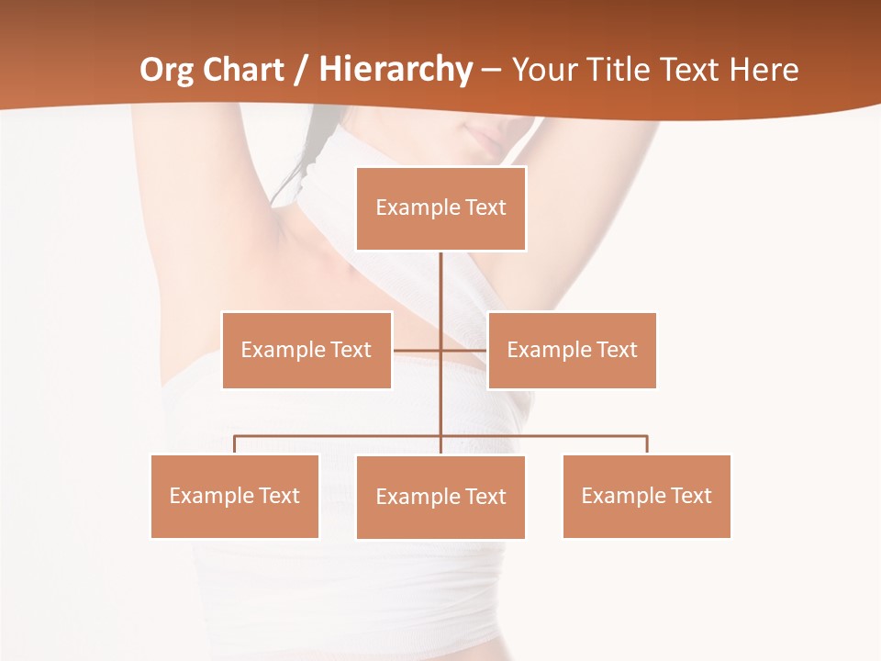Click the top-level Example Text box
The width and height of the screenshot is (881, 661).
[440, 208]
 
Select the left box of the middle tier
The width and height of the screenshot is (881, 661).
[307, 350]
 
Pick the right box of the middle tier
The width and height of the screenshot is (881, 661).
[572, 350]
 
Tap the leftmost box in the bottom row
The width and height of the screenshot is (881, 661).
[235, 496]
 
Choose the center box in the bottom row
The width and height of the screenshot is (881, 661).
[440, 497]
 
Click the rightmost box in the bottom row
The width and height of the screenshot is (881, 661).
[646, 496]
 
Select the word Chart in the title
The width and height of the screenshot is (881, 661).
[245, 70]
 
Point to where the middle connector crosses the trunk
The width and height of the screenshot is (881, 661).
[440, 350]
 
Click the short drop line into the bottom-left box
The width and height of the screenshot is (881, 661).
[235, 445]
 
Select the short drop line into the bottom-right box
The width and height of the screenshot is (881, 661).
[646, 445]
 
